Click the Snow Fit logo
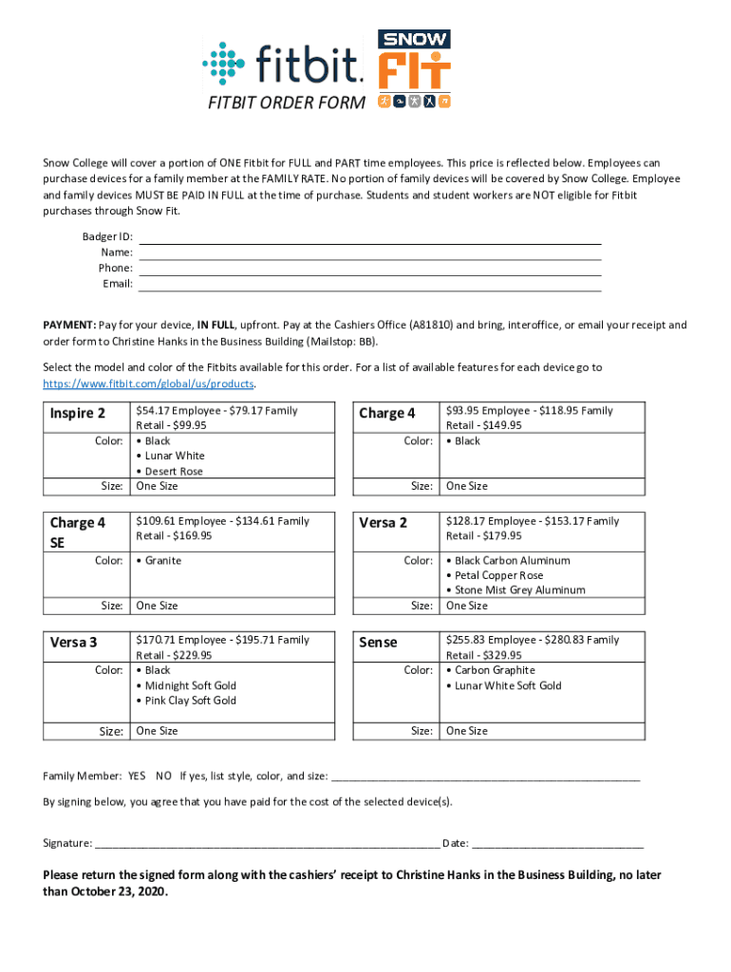[415, 68]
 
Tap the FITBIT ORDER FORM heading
[286, 103]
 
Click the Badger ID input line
[370, 237]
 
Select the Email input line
[370, 284]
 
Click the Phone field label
[116, 269]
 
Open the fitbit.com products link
[149, 383]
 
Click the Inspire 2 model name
[77, 414]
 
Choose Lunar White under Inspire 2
[175, 456]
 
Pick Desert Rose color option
[174, 471]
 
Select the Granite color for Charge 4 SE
[162, 560]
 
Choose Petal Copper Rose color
[498, 575]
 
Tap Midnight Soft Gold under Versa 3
[190, 685]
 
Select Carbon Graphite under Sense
[495, 670]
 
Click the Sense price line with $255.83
[532, 641]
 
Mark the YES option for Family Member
[138, 776]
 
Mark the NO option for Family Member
[163, 776]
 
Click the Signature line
[266, 842]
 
